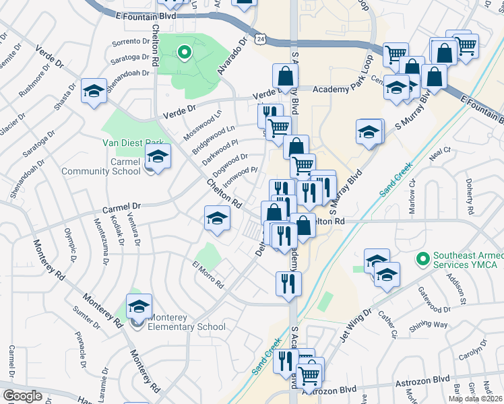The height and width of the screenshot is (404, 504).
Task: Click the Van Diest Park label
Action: click(x=133, y=143)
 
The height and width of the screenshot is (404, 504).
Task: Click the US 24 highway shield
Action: click(x=261, y=40)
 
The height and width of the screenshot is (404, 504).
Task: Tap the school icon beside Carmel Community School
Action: click(x=158, y=158)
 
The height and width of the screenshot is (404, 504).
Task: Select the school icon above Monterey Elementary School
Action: click(x=139, y=306)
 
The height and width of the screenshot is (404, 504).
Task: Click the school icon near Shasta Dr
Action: click(x=94, y=92)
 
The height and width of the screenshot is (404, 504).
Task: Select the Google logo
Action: click(x=23, y=396)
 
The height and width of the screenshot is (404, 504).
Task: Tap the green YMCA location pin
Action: click(x=423, y=259)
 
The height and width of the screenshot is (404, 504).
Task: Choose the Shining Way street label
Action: click(x=431, y=325)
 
